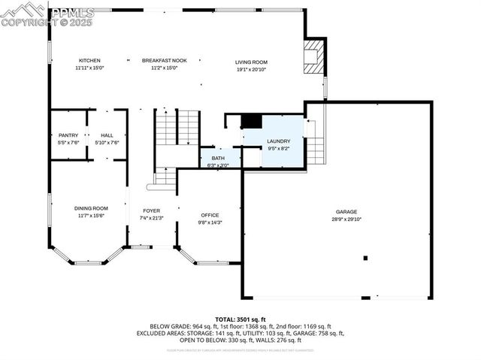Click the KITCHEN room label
coord(88,60)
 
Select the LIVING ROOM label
coord(251,62)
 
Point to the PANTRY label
coord(68,135)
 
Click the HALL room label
coord(106,135)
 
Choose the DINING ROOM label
coord(90,208)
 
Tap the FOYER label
coord(151,211)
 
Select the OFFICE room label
coord(210,215)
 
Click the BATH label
coord(218,158)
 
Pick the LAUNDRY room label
coord(278,141)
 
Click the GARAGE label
coord(346,212)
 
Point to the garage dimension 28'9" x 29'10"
coord(346,219)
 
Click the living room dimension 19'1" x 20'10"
coord(251,69)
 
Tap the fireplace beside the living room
coord(313,56)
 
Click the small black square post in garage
coord(365,258)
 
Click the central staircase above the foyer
coord(177,128)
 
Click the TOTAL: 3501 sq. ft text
coord(240,319)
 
